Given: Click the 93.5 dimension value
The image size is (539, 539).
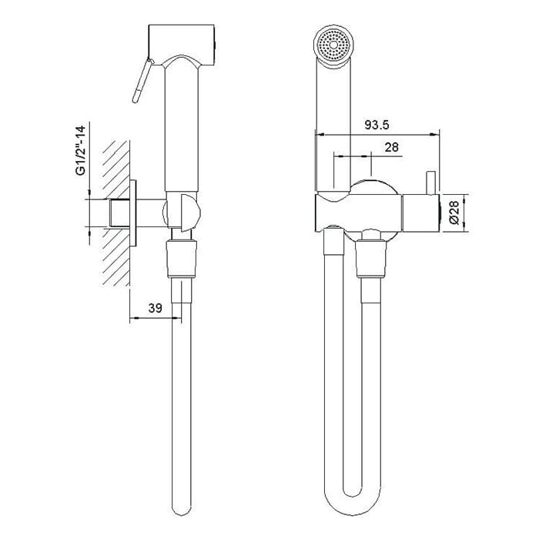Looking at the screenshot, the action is (x=377, y=125).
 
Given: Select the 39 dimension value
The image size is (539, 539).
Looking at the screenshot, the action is (x=155, y=308).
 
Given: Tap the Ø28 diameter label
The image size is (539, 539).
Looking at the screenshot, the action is (x=454, y=213).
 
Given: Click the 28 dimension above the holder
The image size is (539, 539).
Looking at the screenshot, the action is (x=391, y=147).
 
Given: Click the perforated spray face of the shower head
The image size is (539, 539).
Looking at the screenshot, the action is (x=333, y=45).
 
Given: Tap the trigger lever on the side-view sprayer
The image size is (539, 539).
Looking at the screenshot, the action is (x=142, y=81).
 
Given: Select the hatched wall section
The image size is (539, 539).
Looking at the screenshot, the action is (x=115, y=213).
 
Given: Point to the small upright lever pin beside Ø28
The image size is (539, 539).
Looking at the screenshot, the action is (x=431, y=182).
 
